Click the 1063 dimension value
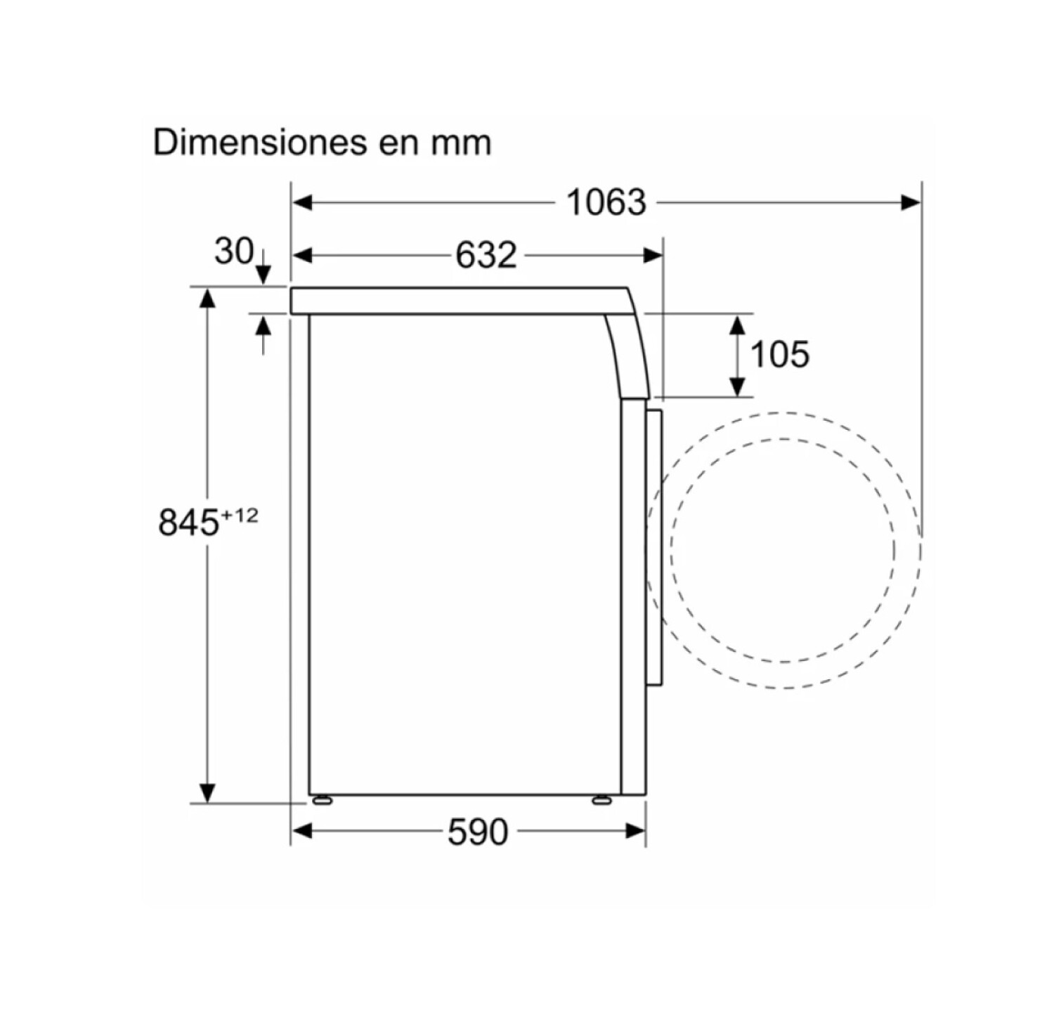[x=606, y=202]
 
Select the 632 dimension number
[x=486, y=254]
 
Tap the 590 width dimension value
[x=478, y=832]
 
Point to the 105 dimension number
[x=780, y=354]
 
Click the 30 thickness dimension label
[x=233, y=251]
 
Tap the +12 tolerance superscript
[x=240, y=516]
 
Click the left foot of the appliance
[x=322, y=799]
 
